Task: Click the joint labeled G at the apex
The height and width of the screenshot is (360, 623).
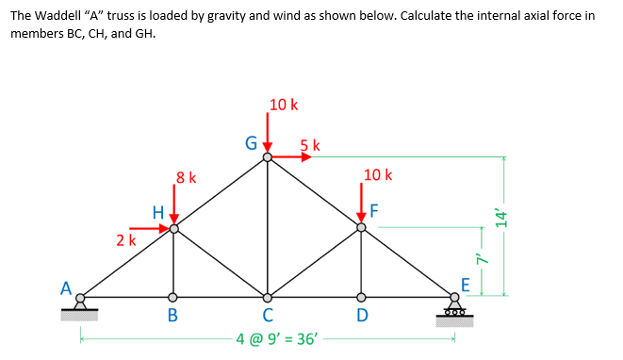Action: pyautogui.click(x=268, y=157)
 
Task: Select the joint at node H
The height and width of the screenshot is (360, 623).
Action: pyautogui.click(x=173, y=227)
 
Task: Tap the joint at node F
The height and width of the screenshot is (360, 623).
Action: pyautogui.click(x=361, y=227)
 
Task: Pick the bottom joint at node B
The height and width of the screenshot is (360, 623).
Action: pyautogui.click(x=173, y=296)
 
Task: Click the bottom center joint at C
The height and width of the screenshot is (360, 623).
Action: pyautogui.click(x=268, y=296)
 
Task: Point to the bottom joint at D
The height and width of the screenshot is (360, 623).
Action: pyautogui.click(x=361, y=296)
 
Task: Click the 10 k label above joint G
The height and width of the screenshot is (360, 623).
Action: pyautogui.click(x=283, y=105)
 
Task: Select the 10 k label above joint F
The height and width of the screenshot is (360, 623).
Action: pyautogui.click(x=377, y=174)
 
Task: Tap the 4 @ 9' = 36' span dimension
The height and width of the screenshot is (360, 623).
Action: pyautogui.click(x=278, y=336)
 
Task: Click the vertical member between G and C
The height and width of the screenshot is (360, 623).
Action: pyautogui.click(x=268, y=226)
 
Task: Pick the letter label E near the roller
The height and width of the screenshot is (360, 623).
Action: pyautogui.click(x=465, y=285)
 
